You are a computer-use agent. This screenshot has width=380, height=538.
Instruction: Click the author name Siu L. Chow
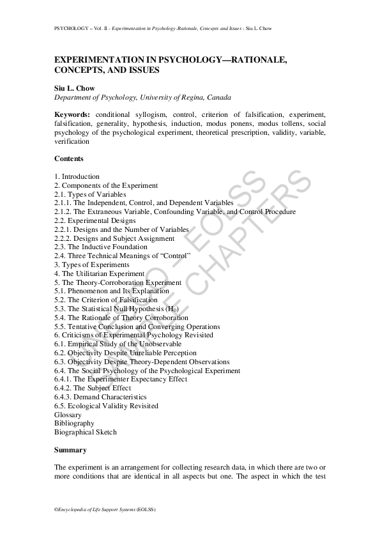73,88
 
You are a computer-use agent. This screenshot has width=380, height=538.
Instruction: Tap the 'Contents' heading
69,158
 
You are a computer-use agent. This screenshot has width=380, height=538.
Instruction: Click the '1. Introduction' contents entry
77,176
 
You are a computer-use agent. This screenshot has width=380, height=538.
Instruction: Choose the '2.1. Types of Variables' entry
90,194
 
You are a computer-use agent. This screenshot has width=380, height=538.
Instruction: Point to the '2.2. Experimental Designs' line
95,220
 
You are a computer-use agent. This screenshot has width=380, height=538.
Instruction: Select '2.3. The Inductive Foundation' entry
101,247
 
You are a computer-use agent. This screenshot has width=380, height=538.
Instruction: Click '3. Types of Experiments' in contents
92,265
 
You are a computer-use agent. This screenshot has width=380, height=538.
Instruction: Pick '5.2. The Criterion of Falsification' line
106,300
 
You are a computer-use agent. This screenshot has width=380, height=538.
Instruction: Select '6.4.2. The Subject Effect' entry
93,388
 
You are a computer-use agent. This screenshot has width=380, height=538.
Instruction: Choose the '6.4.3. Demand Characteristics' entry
101,397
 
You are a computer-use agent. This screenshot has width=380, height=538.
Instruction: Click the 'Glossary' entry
68,415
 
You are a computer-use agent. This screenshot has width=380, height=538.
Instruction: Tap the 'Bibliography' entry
75,423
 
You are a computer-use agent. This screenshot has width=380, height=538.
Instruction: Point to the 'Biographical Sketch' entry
86,432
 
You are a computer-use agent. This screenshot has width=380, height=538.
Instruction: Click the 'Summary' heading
70,450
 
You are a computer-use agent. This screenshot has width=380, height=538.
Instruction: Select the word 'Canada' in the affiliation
217,97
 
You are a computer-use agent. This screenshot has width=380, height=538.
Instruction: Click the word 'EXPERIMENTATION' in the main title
97,59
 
